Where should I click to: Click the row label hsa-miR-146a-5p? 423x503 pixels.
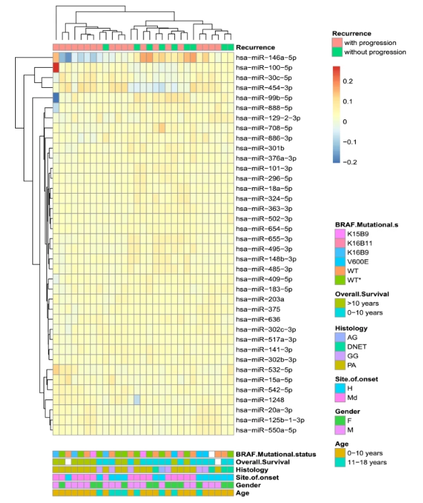pyautogui.click(x=266, y=58)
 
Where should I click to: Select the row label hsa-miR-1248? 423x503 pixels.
pyautogui.click(x=260, y=399)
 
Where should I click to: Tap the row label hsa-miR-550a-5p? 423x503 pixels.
pyautogui.click(x=266, y=430)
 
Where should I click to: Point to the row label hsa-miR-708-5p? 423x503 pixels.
pyautogui.click(x=264, y=128)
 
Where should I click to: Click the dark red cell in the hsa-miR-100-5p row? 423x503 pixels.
pyautogui.click(x=56, y=68)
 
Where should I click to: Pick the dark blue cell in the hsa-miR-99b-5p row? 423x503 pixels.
pyautogui.click(x=56, y=98)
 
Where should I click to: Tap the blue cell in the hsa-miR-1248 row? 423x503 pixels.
pyautogui.click(x=137, y=399)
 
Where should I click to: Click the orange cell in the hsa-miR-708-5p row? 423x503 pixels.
pyautogui.click(x=162, y=128)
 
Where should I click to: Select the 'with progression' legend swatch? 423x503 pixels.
pyautogui.click(x=337, y=43)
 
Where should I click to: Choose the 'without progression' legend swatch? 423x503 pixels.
pyautogui.click(x=337, y=52)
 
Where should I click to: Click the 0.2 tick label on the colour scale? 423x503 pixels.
pyautogui.click(x=348, y=81)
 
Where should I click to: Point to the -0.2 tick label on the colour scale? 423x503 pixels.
pyautogui.click(x=349, y=162)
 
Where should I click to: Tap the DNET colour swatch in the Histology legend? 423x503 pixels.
pyautogui.click(x=340, y=347)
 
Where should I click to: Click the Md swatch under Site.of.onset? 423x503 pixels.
pyautogui.click(x=340, y=398)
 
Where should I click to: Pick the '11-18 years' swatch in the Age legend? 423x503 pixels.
pyautogui.click(x=340, y=462)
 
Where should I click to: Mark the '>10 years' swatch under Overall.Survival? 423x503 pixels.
pyautogui.click(x=340, y=304)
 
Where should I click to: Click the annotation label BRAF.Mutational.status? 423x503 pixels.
pyautogui.click(x=276, y=454)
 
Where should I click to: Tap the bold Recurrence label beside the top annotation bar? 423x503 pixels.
pyautogui.click(x=255, y=47)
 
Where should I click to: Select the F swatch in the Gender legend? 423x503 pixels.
pyautogui.click(x=340, y=421)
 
